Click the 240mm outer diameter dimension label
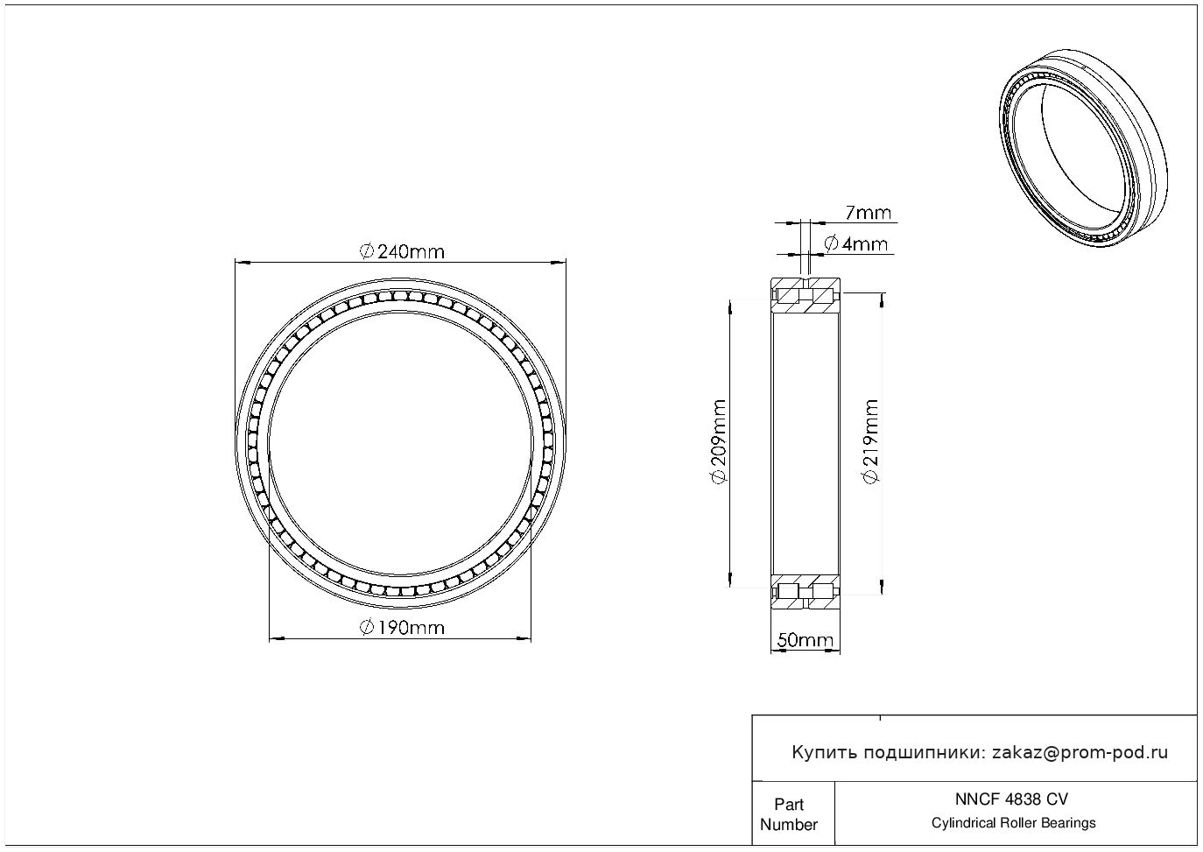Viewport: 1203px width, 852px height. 402,251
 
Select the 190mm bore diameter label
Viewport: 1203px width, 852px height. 402,628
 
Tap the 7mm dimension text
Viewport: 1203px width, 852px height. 869,214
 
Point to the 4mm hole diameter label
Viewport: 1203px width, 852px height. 856,244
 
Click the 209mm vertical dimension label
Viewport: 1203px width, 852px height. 719,441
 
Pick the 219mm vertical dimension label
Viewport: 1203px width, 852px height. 870,441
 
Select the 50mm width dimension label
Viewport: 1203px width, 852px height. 805,640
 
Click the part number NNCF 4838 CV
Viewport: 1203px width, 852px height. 1011,799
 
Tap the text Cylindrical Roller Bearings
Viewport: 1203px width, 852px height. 1013,823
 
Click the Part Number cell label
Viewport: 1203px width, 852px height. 788,814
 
